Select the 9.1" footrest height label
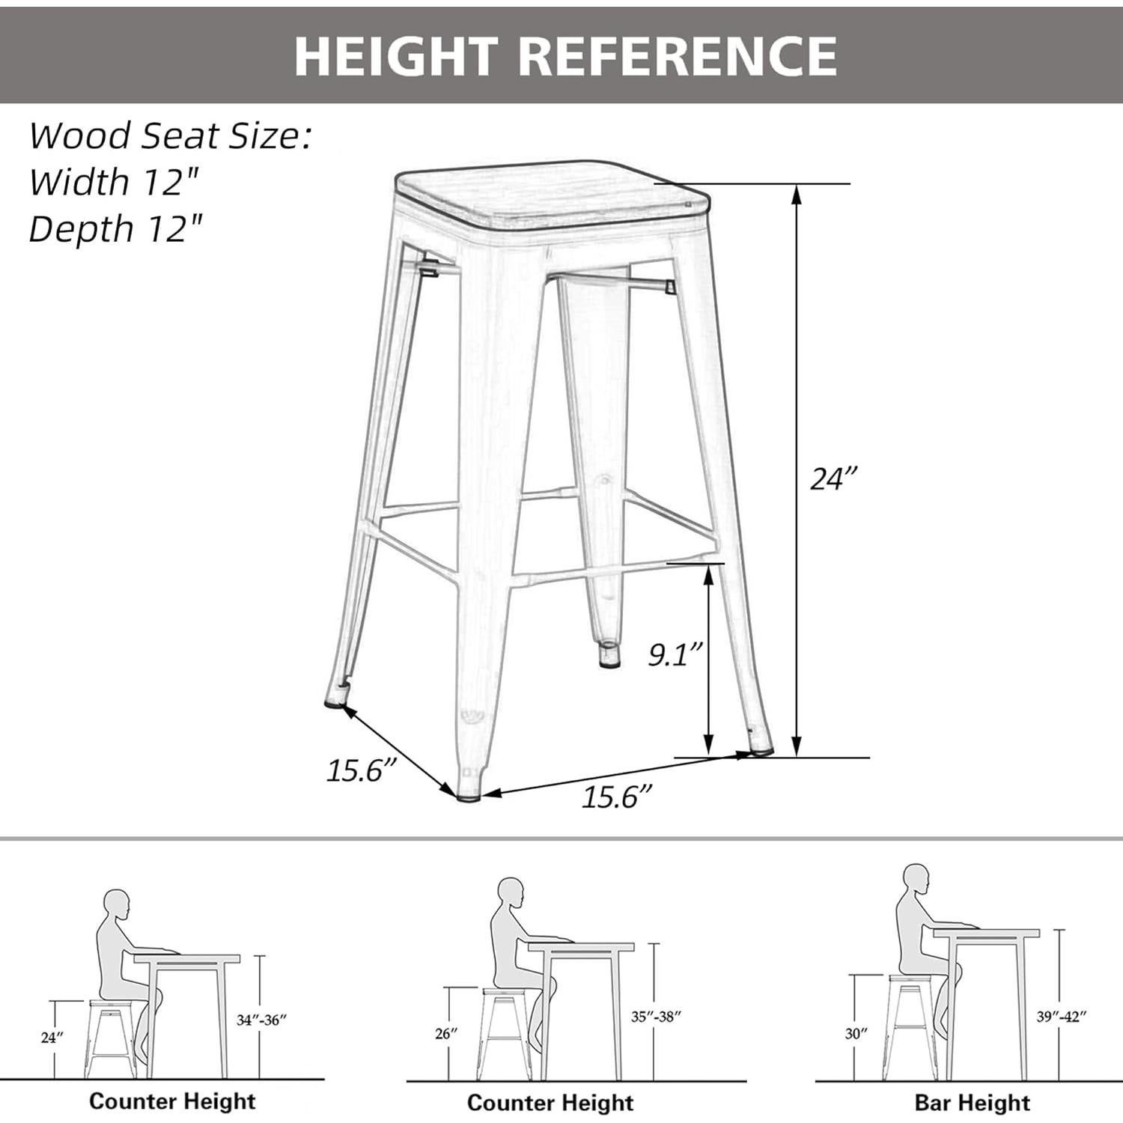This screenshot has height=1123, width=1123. pos(675,654)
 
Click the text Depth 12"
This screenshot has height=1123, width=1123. pos(115,228)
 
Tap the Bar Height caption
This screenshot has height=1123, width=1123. pos(972,1103)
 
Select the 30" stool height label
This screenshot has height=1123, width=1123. pos(856,1033)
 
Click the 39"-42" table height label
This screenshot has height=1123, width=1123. pos(1061,1016)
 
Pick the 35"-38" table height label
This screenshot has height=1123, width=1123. pos(656,1016)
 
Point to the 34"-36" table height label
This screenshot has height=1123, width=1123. pos(261,1020)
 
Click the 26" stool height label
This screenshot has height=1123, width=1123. pos(445,1033)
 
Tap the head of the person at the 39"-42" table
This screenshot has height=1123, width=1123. pos(915,877)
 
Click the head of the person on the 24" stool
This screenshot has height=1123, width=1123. pos(117,904)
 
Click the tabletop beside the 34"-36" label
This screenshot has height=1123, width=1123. pos(187,959)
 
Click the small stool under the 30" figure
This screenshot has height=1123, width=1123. pos(907,1026)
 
